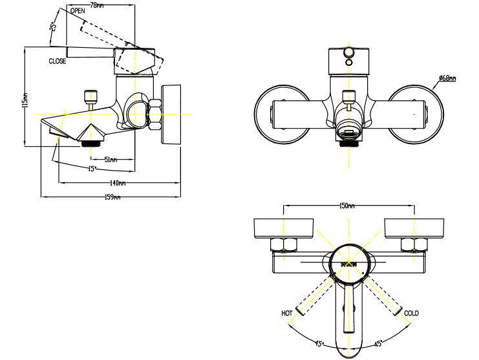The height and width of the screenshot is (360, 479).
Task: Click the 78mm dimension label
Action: [96, 5]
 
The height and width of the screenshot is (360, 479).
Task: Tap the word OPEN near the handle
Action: [78, 12]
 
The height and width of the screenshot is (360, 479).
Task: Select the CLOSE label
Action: [57, 61]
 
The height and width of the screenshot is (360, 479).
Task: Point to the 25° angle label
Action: [54, 27]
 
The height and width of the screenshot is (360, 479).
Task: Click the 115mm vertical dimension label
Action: [25, 100]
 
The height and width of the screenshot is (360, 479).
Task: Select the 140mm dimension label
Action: [117, 183]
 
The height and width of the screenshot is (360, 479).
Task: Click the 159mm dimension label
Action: [112, 197]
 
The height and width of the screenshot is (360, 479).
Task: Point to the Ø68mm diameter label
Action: [447, 79]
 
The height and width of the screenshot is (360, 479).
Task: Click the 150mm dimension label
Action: [347, 206]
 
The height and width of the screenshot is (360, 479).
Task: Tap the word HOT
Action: [287, 313]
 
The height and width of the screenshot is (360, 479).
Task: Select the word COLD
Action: [411, 313]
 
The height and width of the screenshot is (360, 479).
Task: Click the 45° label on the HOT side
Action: [319, 343]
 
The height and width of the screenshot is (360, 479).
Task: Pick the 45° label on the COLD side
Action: [377, 343]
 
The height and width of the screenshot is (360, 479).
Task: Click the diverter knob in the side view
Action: [89, 98]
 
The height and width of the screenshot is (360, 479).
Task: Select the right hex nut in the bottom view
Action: [412, 244]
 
